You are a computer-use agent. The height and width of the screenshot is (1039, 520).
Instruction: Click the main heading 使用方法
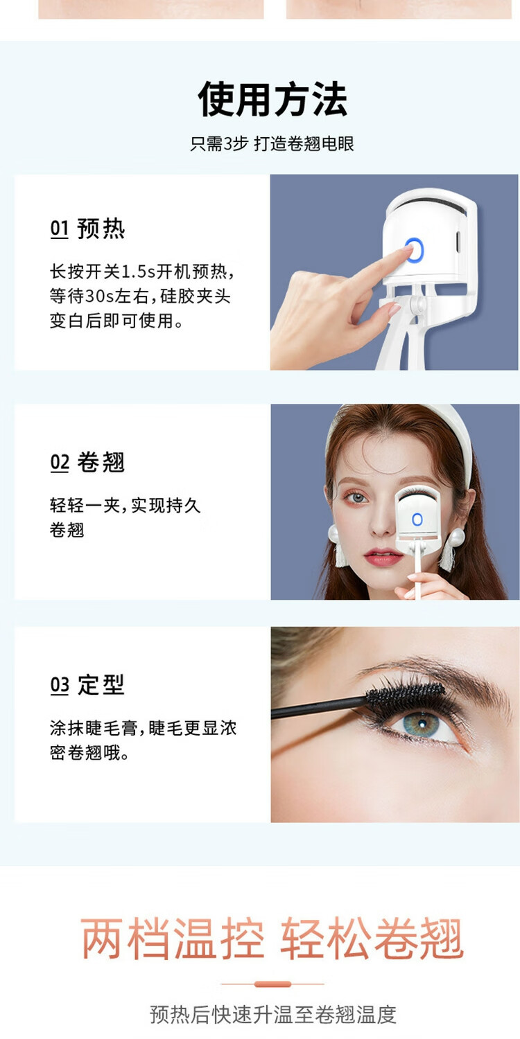272,99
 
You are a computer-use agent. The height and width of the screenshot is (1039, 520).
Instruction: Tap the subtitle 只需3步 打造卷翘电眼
272,144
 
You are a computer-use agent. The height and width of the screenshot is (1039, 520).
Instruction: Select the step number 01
60,229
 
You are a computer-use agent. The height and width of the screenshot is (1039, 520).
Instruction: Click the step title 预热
101,229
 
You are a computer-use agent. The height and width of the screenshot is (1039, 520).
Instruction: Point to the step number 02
60,463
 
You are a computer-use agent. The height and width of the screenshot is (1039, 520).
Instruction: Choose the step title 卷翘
101,462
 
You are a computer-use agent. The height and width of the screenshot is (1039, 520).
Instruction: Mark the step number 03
60,685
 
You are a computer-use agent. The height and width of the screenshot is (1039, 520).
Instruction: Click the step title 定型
101,684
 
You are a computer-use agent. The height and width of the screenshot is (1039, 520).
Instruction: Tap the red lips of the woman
383,556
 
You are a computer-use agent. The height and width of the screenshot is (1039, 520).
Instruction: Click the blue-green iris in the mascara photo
421,725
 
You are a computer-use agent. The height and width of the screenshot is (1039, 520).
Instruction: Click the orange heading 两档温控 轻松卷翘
272,939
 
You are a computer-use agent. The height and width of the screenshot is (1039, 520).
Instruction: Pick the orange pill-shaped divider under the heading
272,984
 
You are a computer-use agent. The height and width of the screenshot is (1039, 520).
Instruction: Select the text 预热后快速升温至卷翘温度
272,1015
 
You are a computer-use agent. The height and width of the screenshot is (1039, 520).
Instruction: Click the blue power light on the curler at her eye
417,519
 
